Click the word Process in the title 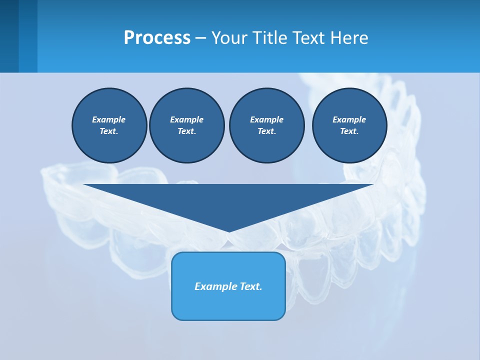click(157, 38)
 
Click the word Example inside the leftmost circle click(109, 119)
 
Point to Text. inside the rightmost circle click(349, 131)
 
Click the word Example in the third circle click(266, 119)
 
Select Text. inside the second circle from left click(186, 131)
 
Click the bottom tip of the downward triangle click(228, 231)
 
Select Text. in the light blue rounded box click(251, 286)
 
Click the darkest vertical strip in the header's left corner click(9, 36)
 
